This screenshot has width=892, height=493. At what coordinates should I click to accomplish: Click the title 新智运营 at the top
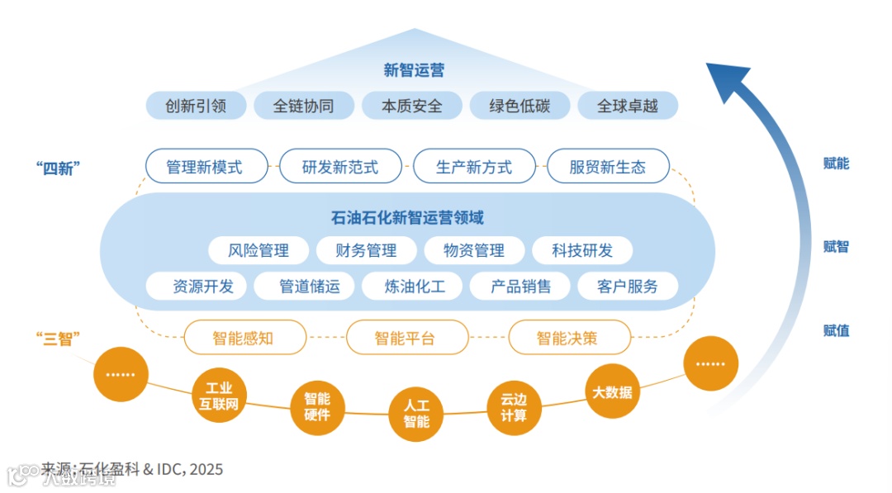click(x=414, y=70)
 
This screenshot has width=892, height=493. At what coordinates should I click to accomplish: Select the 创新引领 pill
click(x=196, y=106)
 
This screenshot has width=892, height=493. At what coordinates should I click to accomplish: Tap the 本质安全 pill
click(x=411, y=106)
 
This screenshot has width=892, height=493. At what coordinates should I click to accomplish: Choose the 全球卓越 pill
click(x=627, y=106)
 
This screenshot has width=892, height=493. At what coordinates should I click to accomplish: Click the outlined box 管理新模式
click(x=205, y=167)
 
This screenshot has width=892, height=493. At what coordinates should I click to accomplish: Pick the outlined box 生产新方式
click(x=474, y=167)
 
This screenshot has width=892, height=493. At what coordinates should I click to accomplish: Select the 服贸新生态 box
click(x=607, y=167)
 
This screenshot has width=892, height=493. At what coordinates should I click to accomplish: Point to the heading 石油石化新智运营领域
click(x=407, y=218)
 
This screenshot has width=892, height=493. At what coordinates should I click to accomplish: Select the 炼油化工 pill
click(x=415, y=287)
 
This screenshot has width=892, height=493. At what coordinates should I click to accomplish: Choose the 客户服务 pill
click(x=628, y=287)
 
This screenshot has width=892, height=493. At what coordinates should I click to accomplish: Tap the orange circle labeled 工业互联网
click(x=219, y=396)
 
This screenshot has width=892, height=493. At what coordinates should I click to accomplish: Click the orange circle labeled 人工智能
click(x=415, y=414)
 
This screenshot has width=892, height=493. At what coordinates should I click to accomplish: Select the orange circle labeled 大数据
click(x=612, y=392)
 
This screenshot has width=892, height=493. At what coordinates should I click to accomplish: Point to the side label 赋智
click(x=836, y=247)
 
